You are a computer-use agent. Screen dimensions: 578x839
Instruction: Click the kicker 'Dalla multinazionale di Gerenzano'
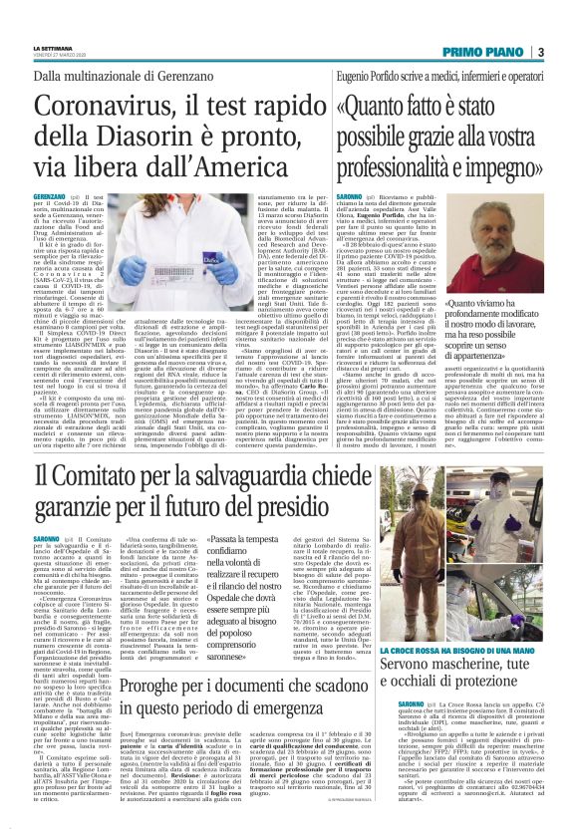(x=160, y=74)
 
